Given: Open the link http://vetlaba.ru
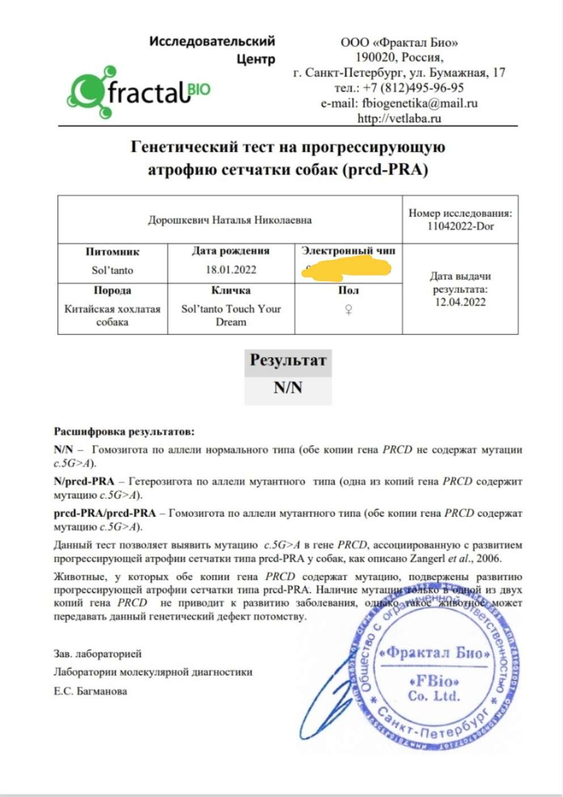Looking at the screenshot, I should coord(399,119).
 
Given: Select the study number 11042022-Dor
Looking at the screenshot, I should coord(460,226).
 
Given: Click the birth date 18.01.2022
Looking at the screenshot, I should coord(231,270).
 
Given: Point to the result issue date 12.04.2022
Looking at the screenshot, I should coord(460,302).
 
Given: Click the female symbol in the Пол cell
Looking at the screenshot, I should coord(349,310).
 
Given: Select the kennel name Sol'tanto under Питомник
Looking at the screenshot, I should coord(112,271).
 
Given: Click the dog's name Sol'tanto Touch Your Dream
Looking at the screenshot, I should coord(231,315).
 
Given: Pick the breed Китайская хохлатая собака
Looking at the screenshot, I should coord(112,315).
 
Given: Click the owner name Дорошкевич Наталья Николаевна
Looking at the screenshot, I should coord(230,220).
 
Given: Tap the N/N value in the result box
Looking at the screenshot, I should coord(288,388).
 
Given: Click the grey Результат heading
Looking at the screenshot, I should coord(288,361).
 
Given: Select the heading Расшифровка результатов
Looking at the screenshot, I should coord(124,432).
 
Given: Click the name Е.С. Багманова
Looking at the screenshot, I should coord(91,691).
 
